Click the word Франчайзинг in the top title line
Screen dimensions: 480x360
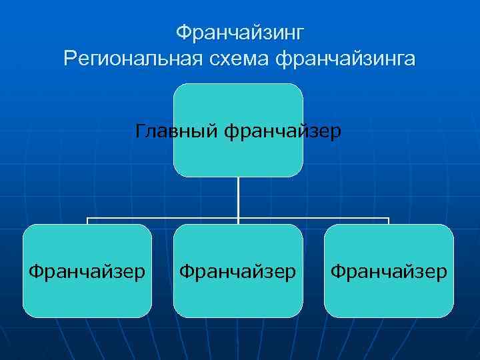(x=239, y=32)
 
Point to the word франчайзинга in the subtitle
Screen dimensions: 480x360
(x=345, y=59)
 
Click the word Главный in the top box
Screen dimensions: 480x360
(x=177, y=131)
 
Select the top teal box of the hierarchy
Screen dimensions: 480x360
(x=238, y=100)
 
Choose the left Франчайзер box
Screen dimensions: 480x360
(x=87, y=293)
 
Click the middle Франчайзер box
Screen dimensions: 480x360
(x=238, y=293)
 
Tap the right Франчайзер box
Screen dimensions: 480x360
(x=389, y=293)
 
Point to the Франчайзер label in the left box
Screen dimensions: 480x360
(x=87, y=271)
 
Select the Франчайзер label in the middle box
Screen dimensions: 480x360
(x=238, y=271)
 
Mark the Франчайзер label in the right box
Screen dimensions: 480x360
(x=389, y=271)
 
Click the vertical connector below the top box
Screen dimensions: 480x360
(x=238, y=197)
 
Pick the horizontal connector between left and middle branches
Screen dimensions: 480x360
(x=163, y=218)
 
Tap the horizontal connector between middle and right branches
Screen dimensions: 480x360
(x=313, y=218)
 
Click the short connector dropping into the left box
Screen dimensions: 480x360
(x=87, y=221)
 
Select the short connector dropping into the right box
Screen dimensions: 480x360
(x=389, y=221)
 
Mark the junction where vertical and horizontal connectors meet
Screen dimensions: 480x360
(x=238, y=218)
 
